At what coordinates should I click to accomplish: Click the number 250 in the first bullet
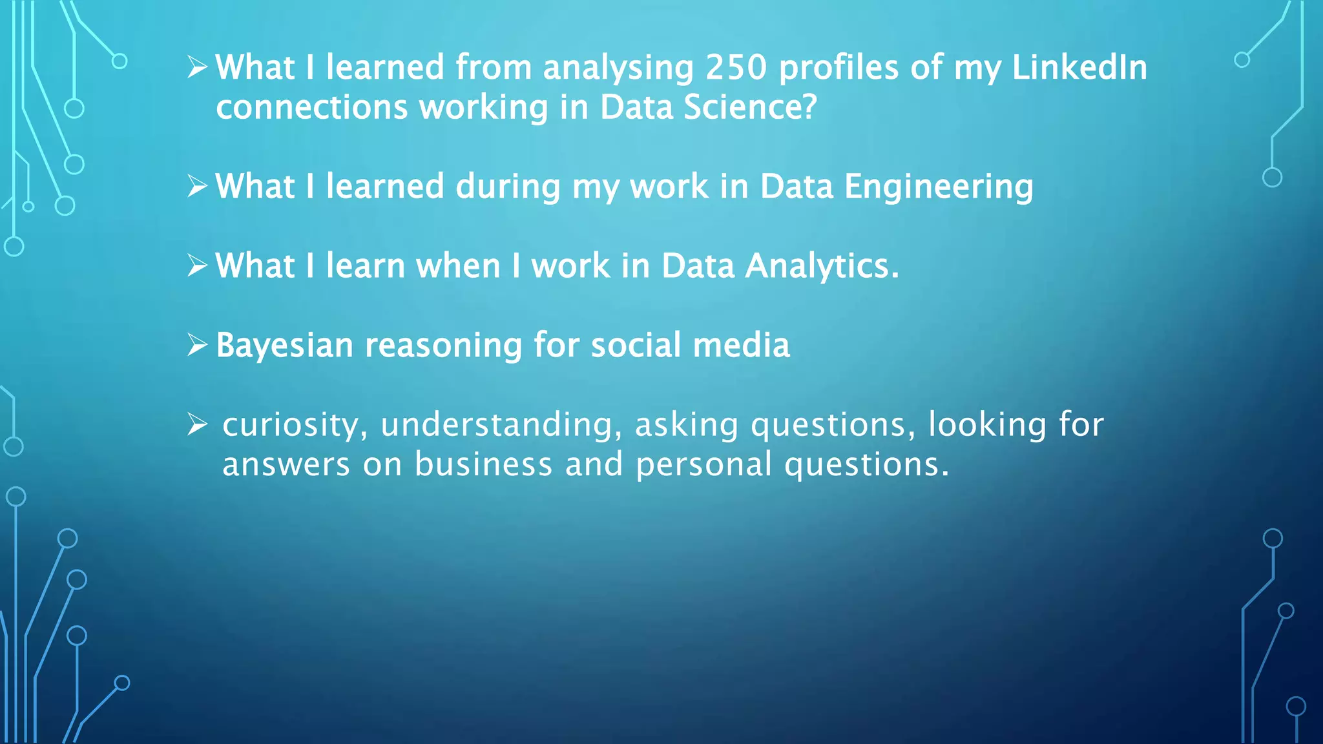tap(736, 67)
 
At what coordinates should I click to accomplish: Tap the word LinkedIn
tap(1079, 67)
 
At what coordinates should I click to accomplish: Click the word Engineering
tap(939, 187)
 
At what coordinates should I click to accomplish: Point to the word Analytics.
tap(822, 266)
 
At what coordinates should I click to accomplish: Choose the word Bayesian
tap(284, 346)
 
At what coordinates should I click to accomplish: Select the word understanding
tap(501, 425)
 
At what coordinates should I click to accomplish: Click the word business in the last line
tap(483, 464)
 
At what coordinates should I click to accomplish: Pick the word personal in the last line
tap(703, 464)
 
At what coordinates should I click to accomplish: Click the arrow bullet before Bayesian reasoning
tap(197, 346)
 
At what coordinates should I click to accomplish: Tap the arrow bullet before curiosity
tap(197, 425)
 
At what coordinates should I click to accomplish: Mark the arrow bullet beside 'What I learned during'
tap(197, 187)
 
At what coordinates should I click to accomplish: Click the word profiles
tap(839, 67)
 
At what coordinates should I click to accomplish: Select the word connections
tap(311, 107)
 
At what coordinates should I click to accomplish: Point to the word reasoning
tap(443, 346)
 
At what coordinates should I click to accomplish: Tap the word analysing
tap(618, 67)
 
